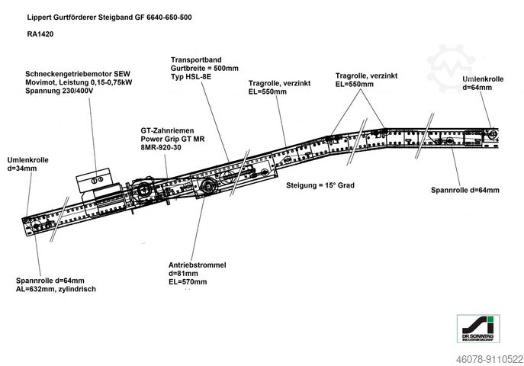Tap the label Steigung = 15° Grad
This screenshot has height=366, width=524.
[320, 185]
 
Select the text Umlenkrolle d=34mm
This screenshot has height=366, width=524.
[27, 164]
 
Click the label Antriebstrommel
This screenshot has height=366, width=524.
[197, 265]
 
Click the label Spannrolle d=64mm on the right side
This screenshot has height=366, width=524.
[465, 190]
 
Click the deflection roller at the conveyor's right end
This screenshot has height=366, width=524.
[494, 135]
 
